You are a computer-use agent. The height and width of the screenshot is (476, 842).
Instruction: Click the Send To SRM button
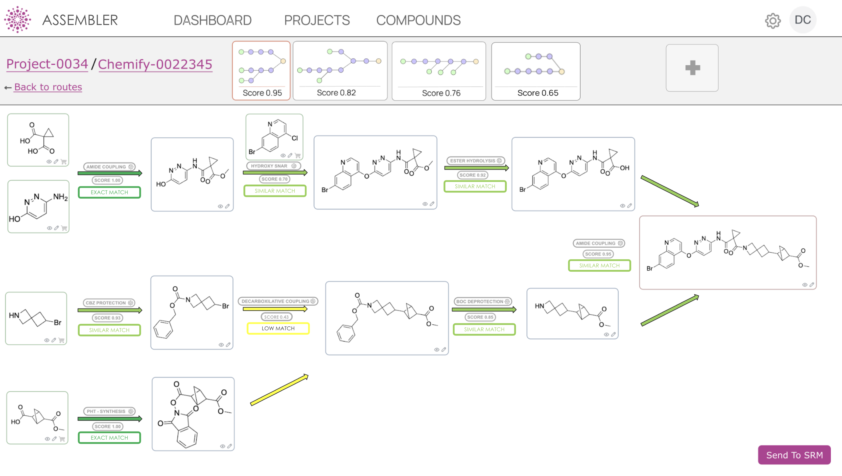tap(794, 455)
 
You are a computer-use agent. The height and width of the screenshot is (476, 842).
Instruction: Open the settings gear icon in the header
tap(773, 21)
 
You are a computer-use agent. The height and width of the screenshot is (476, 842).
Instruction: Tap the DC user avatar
tap(802, 20)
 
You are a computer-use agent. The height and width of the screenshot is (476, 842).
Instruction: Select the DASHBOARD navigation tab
tap(212, 20)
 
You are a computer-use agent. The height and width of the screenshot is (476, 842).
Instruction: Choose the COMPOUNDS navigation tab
tap(418, 20)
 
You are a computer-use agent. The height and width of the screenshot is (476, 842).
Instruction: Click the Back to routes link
tap(48, 87)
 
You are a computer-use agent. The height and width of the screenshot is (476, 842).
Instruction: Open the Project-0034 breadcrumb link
tap(47, 64)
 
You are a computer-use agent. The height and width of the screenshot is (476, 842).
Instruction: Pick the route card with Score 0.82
tap(340, 71)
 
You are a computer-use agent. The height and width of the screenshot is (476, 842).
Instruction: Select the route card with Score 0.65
tap(536, 71)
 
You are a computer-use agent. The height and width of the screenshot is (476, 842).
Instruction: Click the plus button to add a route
tap(692, 68)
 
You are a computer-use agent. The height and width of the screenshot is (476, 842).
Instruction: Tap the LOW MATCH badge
tap(278, 328)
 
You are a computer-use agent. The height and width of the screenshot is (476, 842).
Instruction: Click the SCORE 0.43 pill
tap(276, 317)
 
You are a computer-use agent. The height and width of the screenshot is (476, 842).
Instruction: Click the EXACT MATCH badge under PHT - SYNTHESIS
tap(109, 437)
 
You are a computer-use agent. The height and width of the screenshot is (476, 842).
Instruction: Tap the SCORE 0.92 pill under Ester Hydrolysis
tap(472, 175)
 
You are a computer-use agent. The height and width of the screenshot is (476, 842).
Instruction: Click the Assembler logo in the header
tap(18, 20)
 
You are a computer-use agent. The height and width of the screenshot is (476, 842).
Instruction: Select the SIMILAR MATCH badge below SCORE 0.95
tap(599, 265)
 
